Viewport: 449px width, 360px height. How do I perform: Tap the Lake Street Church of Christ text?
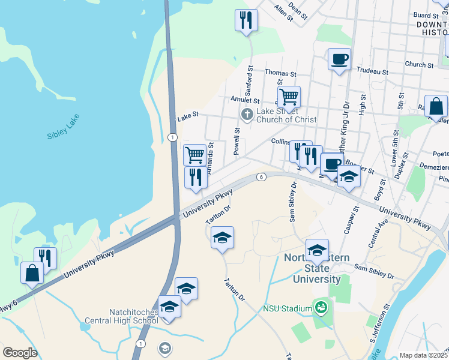coord(286,115)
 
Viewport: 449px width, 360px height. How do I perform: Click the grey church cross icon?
coord(246,114)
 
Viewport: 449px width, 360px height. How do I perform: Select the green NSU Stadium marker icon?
coord(321,308)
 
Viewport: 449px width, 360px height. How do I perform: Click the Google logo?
coord(20,352)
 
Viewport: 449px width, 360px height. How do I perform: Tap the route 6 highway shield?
coord(261,176)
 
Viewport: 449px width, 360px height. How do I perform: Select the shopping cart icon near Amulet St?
coord(289,96)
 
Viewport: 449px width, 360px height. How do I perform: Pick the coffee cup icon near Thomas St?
coord(339,59)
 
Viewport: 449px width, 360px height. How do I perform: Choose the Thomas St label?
coord(280,73)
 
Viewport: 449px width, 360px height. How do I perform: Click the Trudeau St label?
coord(372,71)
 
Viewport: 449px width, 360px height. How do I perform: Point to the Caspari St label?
coord(356,219)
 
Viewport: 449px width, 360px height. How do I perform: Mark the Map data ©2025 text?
coord(423,355)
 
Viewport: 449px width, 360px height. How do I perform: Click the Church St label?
coord(419,64)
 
